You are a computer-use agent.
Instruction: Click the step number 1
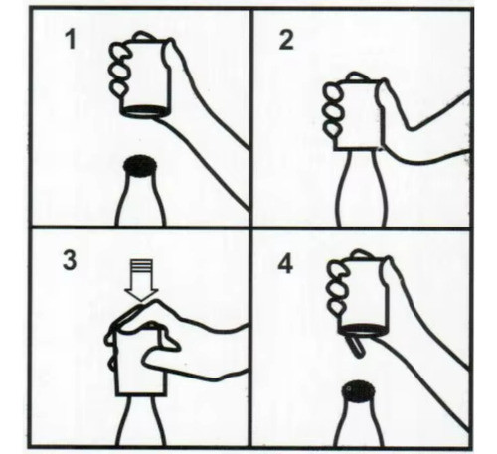(70, 40)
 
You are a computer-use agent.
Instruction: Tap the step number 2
(286, 40)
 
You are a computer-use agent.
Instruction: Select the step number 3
(70, 260)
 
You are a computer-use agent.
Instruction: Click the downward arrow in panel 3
(141, 280)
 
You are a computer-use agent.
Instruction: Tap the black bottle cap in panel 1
(140, 166)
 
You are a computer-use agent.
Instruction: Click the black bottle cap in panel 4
(359, 391)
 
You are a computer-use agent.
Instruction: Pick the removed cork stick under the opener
(354, 346)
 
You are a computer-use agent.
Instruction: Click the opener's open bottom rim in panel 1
(144, 111)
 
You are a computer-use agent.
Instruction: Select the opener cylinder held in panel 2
(358, 114)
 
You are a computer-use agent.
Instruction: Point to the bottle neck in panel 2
(362, 187)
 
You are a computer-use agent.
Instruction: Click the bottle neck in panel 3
(141, 420)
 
